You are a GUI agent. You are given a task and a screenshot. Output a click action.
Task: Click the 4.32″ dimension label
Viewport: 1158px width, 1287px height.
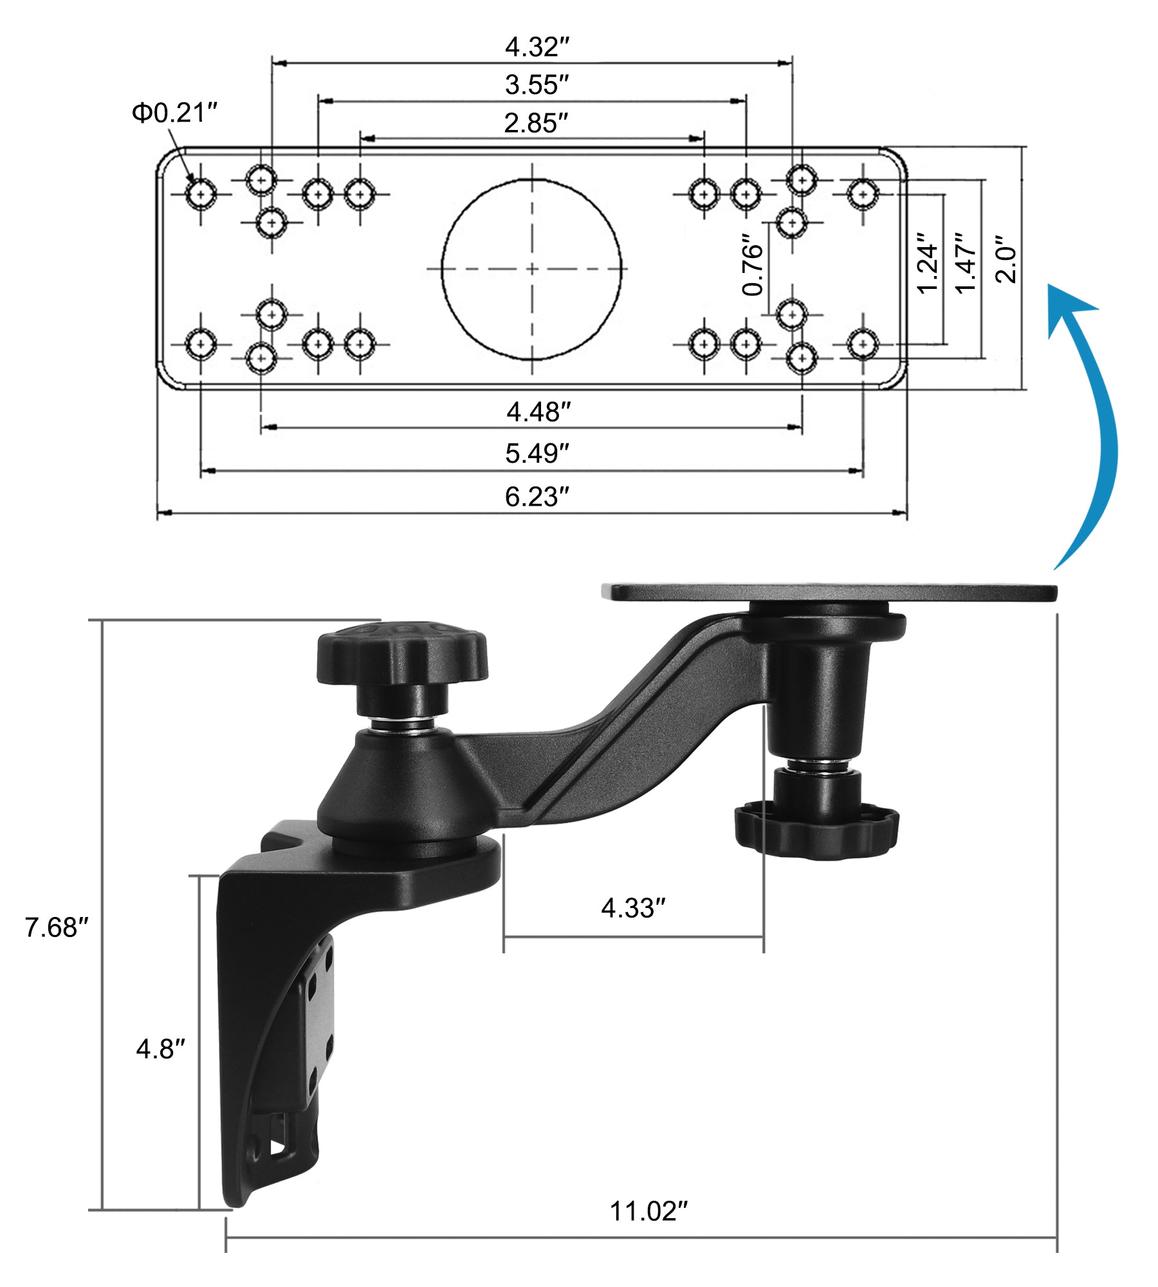537,47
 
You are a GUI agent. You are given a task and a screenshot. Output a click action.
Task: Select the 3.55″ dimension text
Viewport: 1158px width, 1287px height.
537,85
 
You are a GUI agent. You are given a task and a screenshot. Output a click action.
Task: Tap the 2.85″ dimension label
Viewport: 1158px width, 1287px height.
536,123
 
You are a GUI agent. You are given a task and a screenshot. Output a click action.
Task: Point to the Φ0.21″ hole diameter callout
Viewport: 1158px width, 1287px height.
174,113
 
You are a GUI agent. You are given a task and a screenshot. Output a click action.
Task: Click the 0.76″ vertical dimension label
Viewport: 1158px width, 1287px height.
752,264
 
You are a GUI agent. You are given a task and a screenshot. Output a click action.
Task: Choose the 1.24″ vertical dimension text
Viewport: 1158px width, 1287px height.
927,264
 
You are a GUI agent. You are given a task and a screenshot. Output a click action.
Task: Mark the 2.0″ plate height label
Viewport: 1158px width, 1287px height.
1006,264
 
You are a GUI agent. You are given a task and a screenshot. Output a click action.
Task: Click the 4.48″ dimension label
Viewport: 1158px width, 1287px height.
538,412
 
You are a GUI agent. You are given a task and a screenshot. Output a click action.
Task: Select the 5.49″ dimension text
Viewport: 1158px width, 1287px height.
537,454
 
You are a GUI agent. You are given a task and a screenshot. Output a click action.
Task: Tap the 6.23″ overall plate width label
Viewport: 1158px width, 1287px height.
537,497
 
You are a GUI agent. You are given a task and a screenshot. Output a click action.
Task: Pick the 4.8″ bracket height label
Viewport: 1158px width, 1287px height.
160,1049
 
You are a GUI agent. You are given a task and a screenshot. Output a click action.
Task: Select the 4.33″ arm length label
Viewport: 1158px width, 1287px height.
633,908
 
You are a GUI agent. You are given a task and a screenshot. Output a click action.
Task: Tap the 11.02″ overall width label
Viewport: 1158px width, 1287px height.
648,1211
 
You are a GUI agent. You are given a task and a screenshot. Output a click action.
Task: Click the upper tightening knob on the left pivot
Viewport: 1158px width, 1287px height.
401,653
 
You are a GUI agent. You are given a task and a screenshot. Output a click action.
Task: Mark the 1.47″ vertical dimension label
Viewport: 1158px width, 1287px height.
966,264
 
